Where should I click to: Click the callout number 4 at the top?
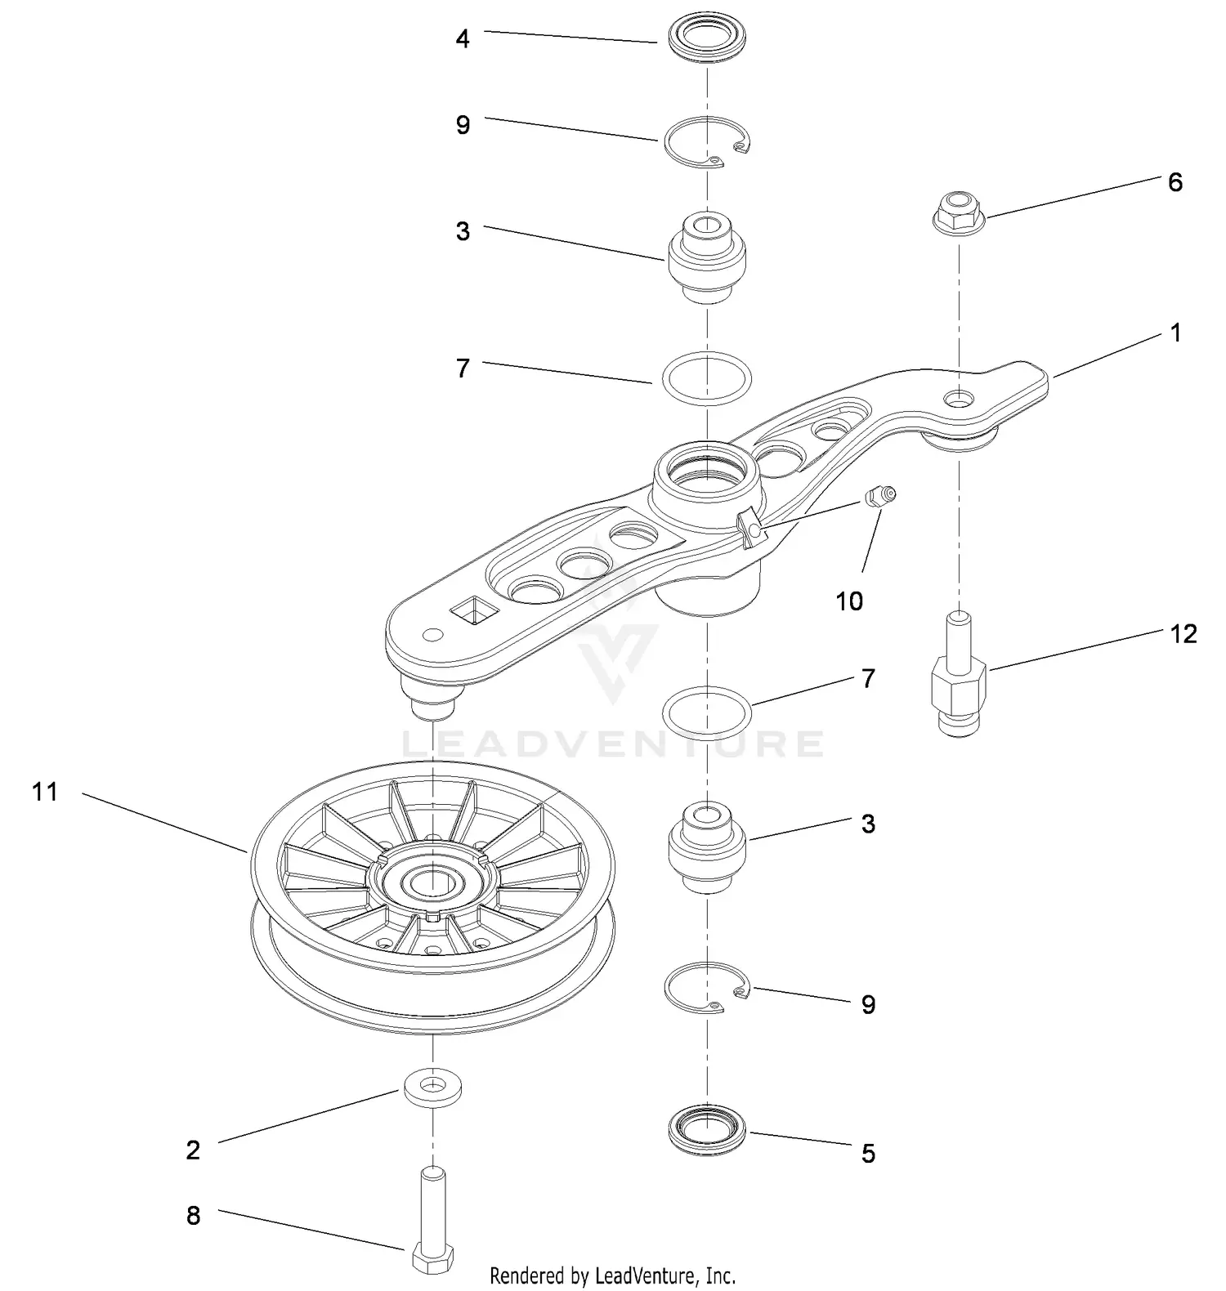coord(463,38)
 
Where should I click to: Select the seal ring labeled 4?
coord(707,41)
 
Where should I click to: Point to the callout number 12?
coord(1183,633)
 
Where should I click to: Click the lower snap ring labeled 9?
coord(707,987)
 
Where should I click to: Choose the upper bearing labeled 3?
coord(707,257)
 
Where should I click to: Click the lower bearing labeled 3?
coord(707,848)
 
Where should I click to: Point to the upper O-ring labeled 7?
coord(707,377)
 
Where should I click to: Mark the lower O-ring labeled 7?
coord(707,711)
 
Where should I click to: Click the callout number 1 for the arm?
coord(1175,333)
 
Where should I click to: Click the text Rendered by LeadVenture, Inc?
coord(612,1275)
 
